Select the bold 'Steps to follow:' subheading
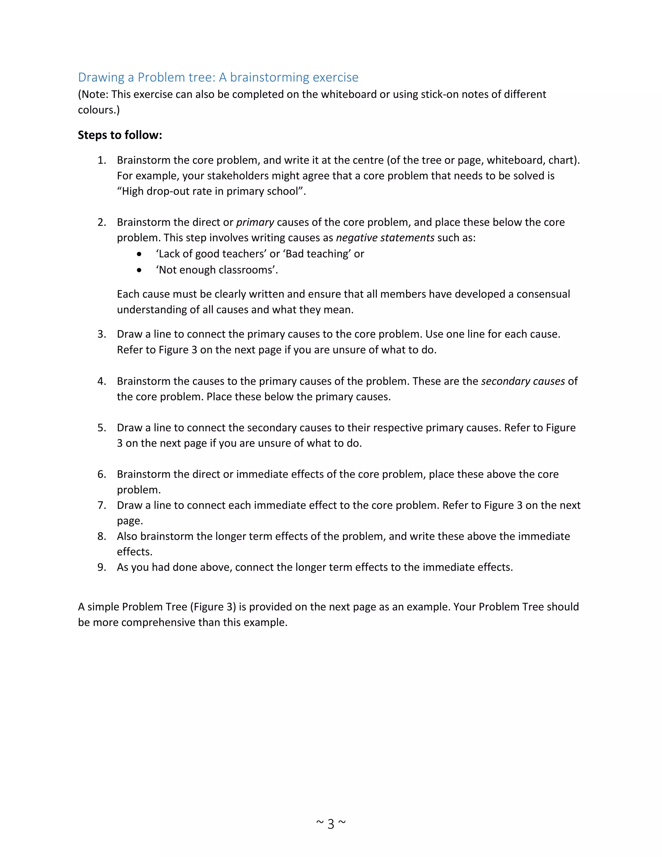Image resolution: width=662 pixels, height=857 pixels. [x=120, y=135]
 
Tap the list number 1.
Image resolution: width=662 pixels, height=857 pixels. [x=101, y=160]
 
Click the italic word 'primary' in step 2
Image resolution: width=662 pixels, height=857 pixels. [x=255, y=222]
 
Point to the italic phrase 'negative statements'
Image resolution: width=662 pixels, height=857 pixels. [x=385, y=238]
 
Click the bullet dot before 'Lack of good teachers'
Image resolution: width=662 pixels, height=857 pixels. [x=139, y=254]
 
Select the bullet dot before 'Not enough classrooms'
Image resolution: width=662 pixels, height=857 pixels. [x=139, y=270]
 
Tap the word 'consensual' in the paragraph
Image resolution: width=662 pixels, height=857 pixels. [x=543, y=294]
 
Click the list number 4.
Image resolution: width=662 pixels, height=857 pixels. [x=101, y=381]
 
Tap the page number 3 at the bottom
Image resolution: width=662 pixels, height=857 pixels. [x=331, y=824]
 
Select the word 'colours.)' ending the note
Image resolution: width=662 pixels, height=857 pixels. [x=99, y=110]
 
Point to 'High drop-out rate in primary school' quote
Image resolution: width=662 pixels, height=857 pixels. [x=211, y=191]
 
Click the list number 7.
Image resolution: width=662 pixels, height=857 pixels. [x=101, y=505]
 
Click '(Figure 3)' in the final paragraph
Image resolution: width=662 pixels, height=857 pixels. [x=213, y=607]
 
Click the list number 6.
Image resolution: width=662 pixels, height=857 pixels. [x=101, y=474]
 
